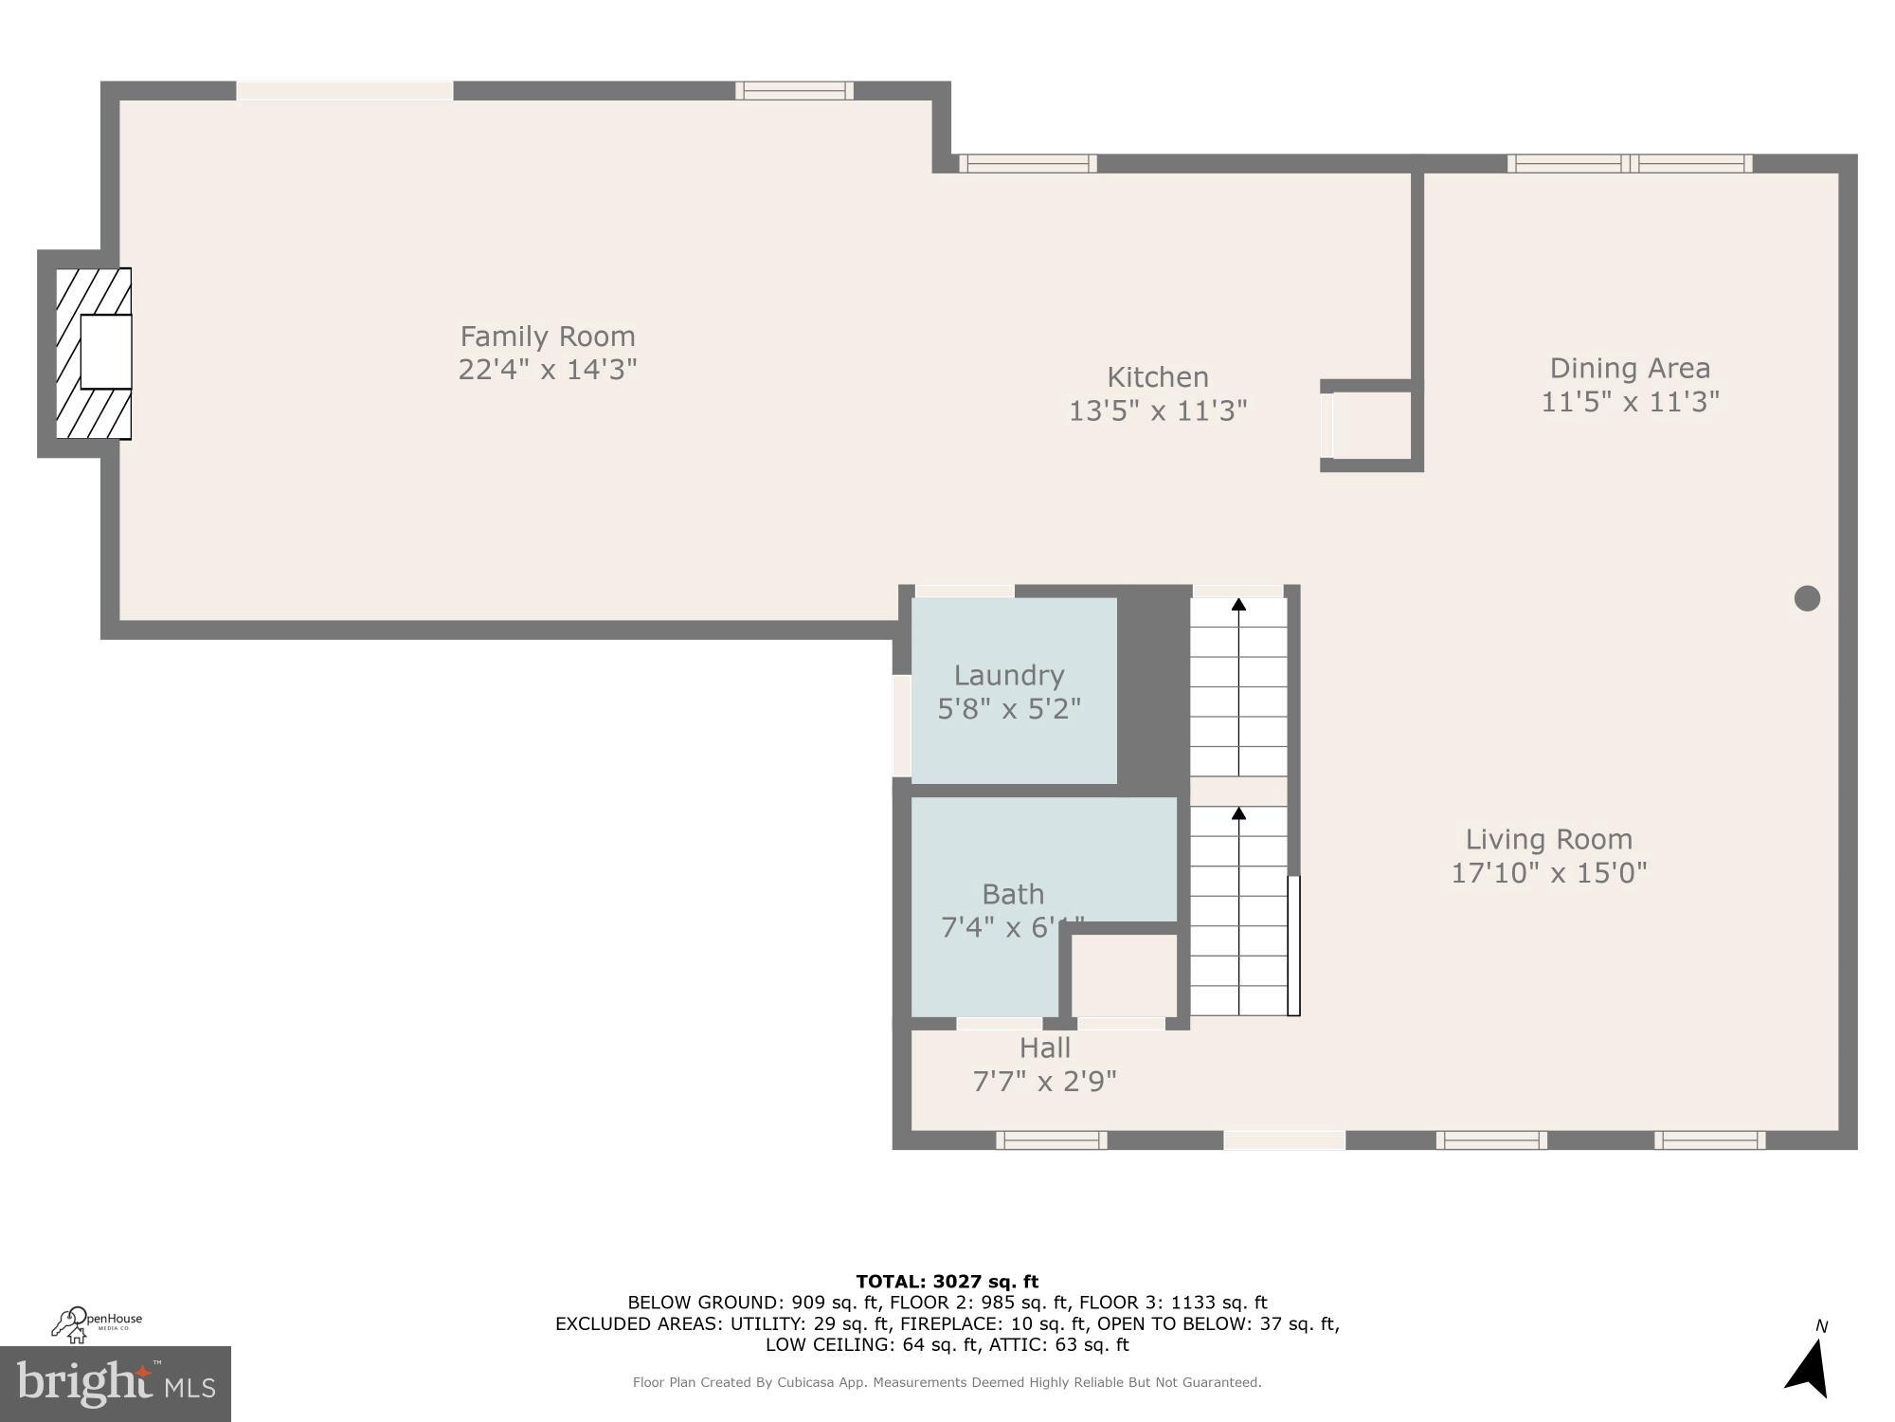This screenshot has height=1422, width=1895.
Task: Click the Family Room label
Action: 548,337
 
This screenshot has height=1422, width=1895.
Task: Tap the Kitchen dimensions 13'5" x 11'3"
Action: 1158,410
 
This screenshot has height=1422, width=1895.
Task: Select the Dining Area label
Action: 1630,368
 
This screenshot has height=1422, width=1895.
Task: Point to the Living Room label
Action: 1548,839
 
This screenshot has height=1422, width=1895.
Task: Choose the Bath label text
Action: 1013,894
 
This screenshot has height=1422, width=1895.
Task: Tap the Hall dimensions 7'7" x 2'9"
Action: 1044,1081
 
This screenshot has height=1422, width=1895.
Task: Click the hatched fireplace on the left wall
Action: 93,353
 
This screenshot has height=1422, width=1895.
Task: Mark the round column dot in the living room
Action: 1807,598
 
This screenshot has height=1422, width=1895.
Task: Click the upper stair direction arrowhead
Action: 1238,605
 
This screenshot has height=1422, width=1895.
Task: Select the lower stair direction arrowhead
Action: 1238,813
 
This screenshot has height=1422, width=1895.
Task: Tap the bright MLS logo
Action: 115,1383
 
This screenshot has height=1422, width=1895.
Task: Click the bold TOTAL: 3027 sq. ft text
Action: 947,1282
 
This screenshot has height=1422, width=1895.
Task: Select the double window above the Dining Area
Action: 1630,163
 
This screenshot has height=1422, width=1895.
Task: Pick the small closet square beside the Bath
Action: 1124,975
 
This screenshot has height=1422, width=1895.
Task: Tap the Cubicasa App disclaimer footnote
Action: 947,1382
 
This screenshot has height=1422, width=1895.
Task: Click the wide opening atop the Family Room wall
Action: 344,91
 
